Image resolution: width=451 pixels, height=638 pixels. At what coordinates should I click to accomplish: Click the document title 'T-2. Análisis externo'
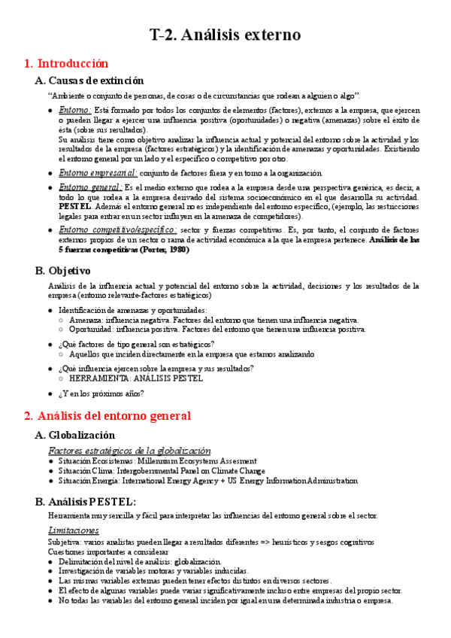(x=225, y=35)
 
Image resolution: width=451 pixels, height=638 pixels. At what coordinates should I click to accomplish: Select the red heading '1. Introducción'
(x=66, y=63)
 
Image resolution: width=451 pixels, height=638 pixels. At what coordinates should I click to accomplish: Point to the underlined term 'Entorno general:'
(x=90, y=187)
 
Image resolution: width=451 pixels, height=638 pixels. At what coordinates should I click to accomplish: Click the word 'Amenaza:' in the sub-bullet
(x=86, y=320)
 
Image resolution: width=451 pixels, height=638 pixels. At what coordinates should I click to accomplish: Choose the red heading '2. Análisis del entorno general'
(x=107, y=415)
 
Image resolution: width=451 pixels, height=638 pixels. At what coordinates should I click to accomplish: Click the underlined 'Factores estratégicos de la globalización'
(x=129, y=450)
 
